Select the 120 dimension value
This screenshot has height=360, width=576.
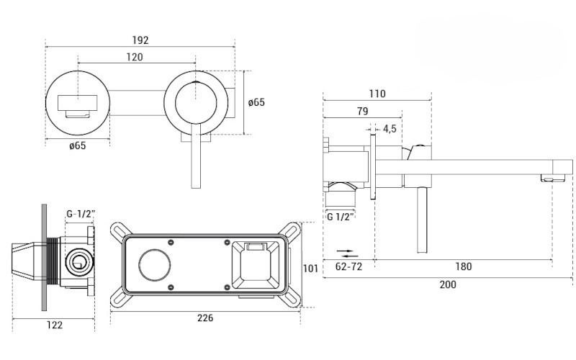pos(134,57)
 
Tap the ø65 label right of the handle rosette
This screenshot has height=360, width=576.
pos(256,102)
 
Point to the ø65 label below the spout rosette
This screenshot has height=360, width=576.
pos(78,146)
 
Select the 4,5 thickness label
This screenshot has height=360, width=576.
pos(390,129)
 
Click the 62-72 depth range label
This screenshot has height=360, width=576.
pos(348,266)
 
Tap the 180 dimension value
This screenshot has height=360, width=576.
pos(463,266)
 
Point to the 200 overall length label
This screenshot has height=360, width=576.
pos(447,284)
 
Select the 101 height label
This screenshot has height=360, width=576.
pos(310,269)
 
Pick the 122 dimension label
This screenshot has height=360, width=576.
pos(54,325)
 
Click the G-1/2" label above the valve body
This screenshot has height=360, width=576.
pos(79,214)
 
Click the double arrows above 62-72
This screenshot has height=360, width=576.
pos(348,253)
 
